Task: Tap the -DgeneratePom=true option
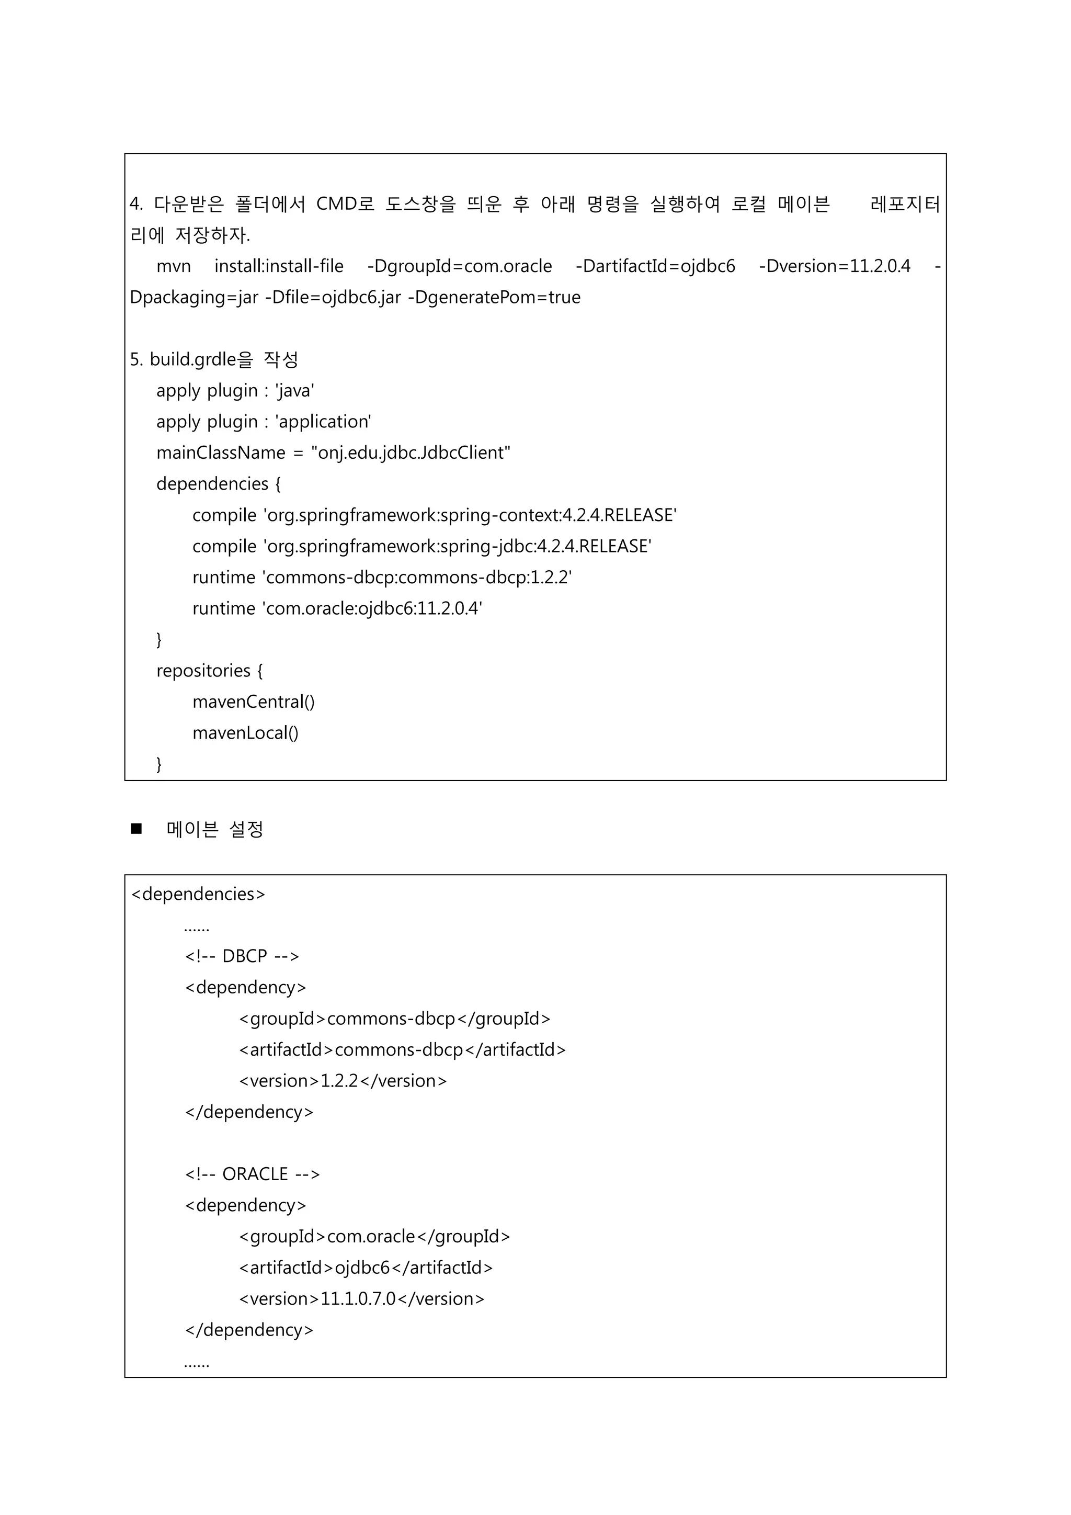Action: tap(494, 297)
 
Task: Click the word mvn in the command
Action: tap(174, 267)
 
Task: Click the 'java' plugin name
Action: tap(294, 391)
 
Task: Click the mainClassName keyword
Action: tap(220, 453)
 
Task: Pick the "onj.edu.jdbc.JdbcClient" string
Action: tap(410, 453)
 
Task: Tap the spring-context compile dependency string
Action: tap(470, 515)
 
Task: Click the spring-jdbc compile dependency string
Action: tap(457, 546)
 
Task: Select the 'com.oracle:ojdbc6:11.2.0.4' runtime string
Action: tap(373, 608)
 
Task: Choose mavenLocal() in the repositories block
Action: tap(245, 732)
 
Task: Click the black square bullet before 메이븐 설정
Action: tap(136, 829)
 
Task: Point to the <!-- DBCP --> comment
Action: tap(242, 956)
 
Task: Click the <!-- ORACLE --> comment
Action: tap(252, 1174)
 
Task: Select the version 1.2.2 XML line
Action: tap(343, 1081)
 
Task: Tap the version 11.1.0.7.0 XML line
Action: tap(361, 1298)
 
